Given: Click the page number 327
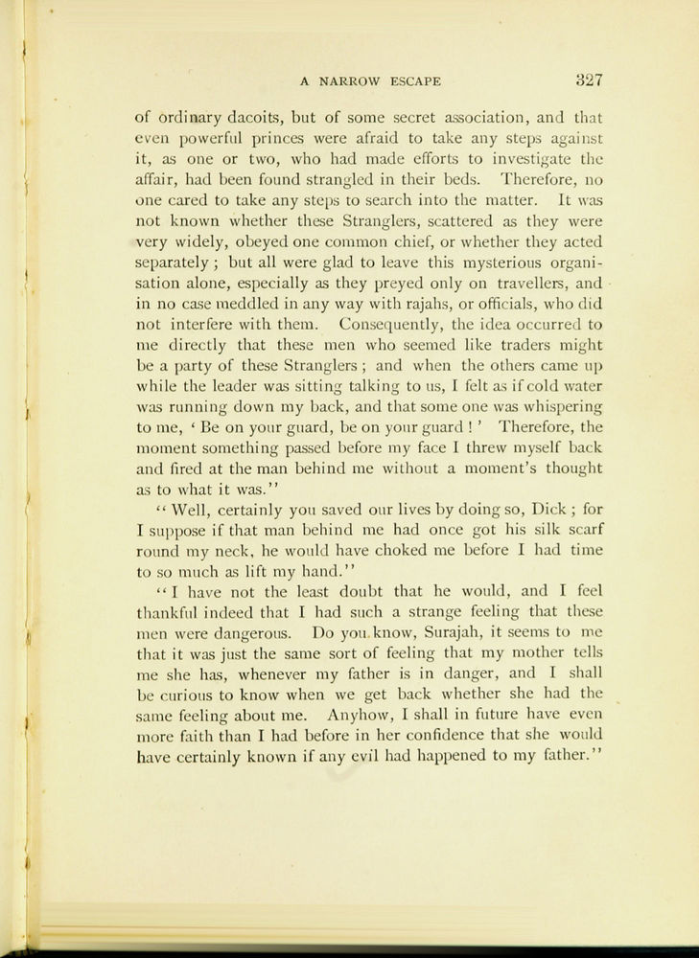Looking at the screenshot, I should tap(582, 80).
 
